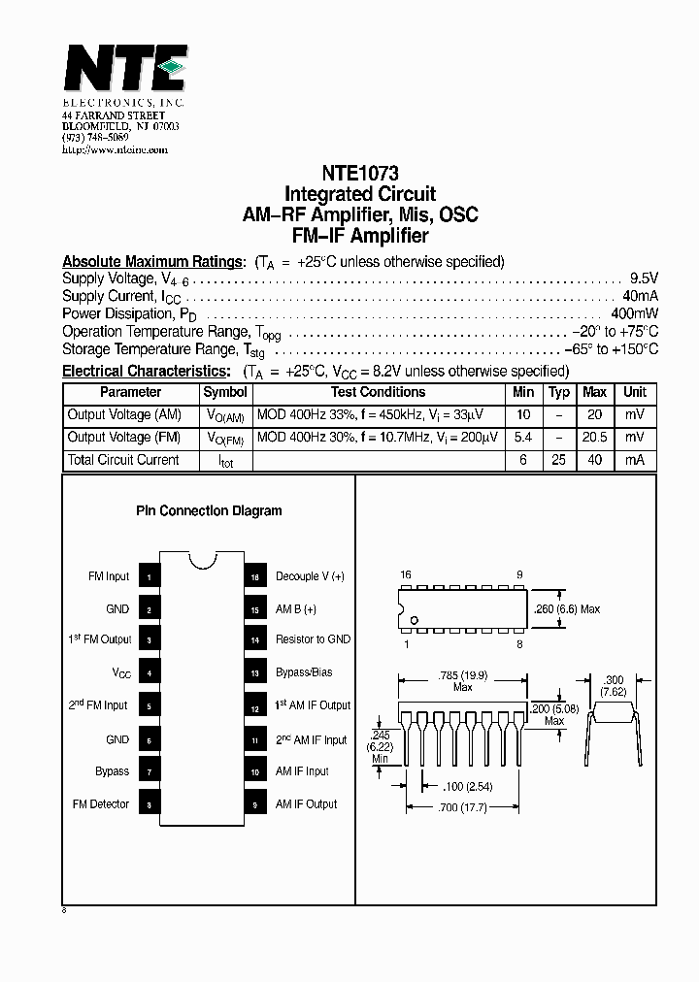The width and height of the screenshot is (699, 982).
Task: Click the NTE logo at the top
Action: (x=124, y=70)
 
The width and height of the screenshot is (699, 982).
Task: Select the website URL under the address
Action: (x=115, y=149)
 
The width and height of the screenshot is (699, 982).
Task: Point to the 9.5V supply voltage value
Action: (x=644, y=278)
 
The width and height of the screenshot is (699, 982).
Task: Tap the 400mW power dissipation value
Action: (x=635, y=313)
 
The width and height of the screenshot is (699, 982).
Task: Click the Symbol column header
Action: (x=225, y=393)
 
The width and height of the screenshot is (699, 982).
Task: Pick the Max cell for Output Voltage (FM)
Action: (x=594, y=438)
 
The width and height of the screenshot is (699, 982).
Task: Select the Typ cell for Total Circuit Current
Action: (x=558, y=460)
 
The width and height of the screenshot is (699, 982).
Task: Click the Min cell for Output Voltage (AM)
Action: (x=523, y=415)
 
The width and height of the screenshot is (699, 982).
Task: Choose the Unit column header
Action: (x=634, y=393)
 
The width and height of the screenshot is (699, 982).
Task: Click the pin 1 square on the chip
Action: (x=148, y=577)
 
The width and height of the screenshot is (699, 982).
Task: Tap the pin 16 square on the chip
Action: (x=255, y=577)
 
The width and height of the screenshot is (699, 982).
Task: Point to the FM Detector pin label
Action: (x=101, y=804)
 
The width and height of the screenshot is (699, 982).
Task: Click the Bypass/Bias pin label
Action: (x=304, y=672)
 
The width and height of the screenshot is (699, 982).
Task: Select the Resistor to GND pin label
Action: (x=313, y=639)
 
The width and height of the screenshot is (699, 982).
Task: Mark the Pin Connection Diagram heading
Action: (x=208, y=511)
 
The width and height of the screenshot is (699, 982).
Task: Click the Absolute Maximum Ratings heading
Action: (x=152, y=262)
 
